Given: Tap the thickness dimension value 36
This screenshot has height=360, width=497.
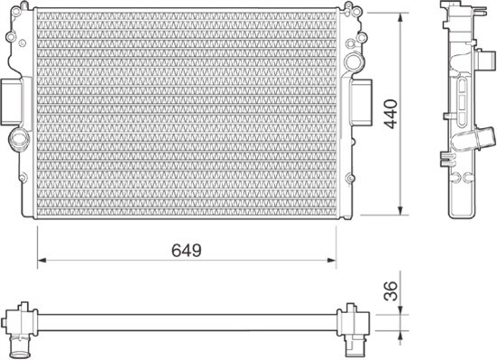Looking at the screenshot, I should click(390, 291).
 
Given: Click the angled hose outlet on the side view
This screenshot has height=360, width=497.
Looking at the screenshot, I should click(479, 139).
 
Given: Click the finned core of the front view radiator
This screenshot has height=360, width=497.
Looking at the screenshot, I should click(185, 113).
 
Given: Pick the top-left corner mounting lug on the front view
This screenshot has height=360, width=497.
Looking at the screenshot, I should click(13, 38).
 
